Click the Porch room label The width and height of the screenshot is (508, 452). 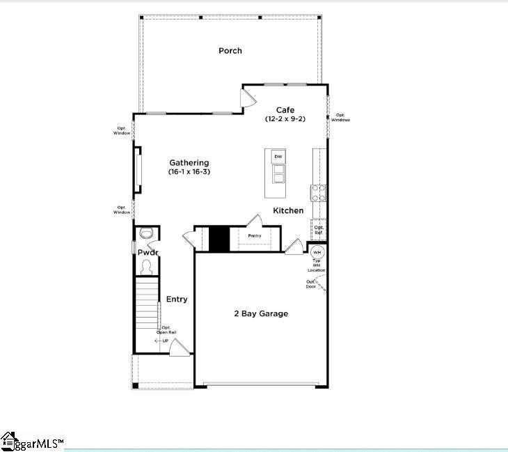[230, 51]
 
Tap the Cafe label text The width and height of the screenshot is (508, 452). [285, 110]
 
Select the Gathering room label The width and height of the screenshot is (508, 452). [189, 163]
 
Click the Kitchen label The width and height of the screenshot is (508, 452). [288, 210]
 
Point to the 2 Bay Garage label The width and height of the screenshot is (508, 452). [261, 314]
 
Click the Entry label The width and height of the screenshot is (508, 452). [177, 299]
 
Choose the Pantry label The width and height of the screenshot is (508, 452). [255, 236]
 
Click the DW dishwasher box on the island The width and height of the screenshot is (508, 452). [278, 157]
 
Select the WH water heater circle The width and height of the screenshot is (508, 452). [317, 252]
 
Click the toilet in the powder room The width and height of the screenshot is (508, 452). [147, 233]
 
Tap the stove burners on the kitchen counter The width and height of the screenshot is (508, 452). [319, 192]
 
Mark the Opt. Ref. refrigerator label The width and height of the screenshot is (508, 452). [319, 229]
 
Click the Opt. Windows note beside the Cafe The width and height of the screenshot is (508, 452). [340, 118]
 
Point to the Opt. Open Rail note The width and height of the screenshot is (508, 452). [168, 330]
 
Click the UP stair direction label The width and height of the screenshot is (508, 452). [165, 341]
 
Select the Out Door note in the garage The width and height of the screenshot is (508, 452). [310, 284]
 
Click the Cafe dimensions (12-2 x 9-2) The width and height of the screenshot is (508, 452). [285, 119]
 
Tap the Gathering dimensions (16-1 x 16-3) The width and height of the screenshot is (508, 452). [189, 171]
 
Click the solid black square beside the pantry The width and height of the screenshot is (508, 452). [219, 239]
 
